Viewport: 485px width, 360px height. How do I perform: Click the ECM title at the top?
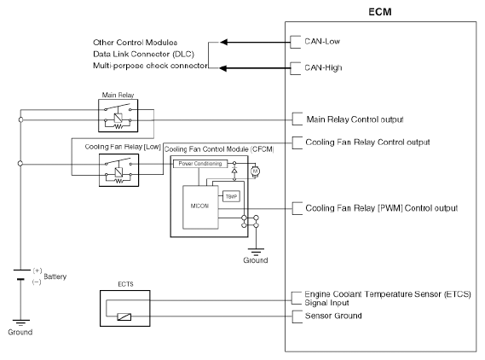click(380, 12)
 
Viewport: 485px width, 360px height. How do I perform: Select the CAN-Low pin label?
click(322, 42)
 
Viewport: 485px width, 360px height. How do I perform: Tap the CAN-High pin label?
click(323, 67)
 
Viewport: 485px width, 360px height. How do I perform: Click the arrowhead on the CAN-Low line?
click(223, 42)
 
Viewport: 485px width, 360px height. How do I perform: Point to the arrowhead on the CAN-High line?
click(223, 68)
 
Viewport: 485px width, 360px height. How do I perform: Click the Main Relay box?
click(118, 115)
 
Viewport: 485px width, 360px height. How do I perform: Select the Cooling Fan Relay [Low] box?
click(118, 171)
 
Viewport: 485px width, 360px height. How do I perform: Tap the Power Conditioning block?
click(200, 164)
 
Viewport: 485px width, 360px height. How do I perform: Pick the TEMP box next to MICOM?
click(231, 196)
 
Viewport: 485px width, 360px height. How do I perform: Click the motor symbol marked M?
click(255, 171)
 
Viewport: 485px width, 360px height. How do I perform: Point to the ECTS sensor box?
click(125, 308)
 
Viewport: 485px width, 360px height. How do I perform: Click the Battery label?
click(55, 276)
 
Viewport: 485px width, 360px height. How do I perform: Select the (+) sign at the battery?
click(38, 270)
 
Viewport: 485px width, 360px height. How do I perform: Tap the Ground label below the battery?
click(20, 332)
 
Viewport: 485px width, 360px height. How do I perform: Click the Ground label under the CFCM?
click(256, 260)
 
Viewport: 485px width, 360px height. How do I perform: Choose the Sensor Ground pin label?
click(333, 316)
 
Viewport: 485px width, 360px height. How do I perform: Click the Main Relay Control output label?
click(355, 119)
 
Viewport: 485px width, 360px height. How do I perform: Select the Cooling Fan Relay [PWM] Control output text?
click(381, 208)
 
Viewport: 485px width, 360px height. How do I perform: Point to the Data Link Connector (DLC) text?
click(143, 54)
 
